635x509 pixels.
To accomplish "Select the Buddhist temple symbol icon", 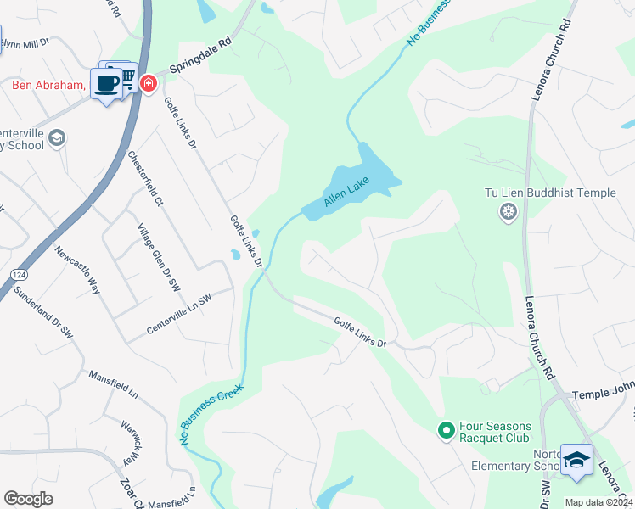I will [x=509, y=211].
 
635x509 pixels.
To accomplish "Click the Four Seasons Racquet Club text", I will [x=495, y=432].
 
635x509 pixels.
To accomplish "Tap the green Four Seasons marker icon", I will [x=445, y=431].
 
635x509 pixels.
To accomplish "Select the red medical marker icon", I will [x=149, y=83].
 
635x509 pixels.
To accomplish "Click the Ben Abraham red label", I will [x=48, y=85].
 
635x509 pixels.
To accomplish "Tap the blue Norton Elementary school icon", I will [x=576, y=459].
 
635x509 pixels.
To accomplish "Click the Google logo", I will [x=28, y=499].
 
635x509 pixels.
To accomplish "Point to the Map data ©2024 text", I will [x=597, y=502].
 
